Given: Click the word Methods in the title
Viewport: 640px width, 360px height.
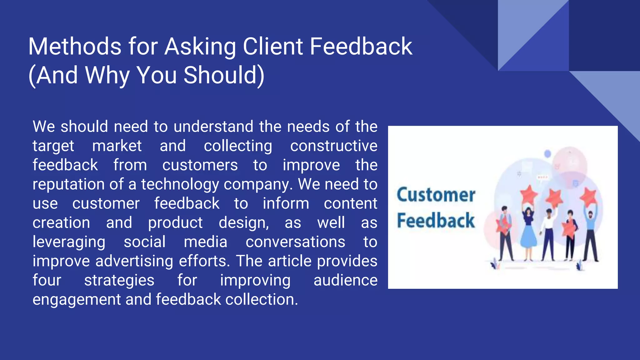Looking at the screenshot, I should click(x=75, y=47).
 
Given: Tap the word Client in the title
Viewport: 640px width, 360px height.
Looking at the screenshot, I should click(x=273, y=47).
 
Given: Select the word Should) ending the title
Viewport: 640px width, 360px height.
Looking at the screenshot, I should click(x=224, y=75).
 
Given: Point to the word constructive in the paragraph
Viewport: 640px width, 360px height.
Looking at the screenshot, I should click(x=333, y=146).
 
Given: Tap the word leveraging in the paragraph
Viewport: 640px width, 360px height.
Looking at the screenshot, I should click(x=69, y=242).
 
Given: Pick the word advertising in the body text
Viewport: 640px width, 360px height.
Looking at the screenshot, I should click(x=134, y=261).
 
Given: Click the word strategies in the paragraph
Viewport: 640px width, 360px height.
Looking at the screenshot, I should click(x=119, y=280).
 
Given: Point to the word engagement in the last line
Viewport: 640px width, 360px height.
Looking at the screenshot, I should click(x=76, y=300).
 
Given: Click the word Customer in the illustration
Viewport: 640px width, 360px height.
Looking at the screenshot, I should click(x=436, y=195).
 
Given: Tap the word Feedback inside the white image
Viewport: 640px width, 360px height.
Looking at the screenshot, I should click(x=436, y=221).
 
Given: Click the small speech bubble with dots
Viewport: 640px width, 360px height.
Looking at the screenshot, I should click(x=542, y=177).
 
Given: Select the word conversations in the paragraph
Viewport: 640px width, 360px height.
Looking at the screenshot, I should click(x=295, y=242).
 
